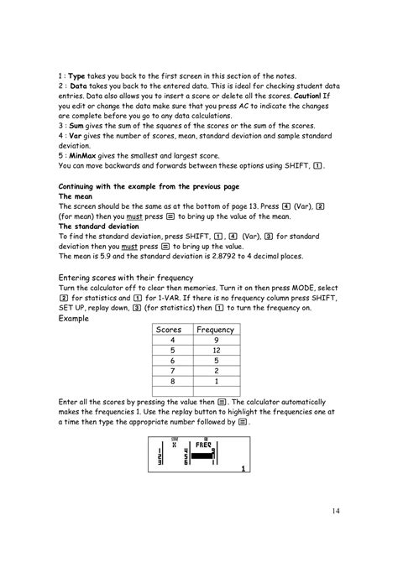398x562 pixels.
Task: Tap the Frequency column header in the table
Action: tap(214, 330)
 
